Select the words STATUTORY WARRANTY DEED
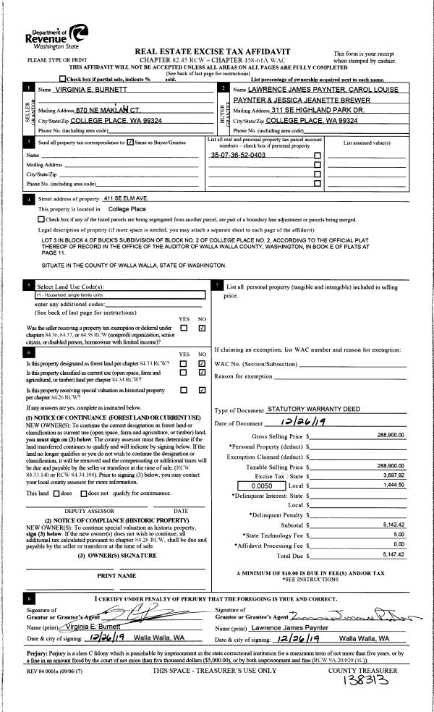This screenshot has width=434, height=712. (x=313, y=410)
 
